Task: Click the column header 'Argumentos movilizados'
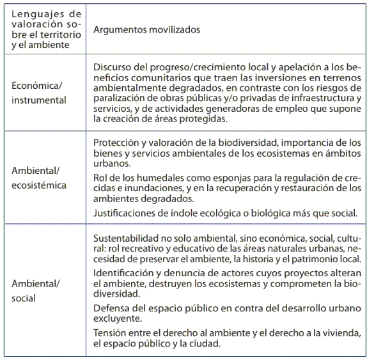coord(146,29)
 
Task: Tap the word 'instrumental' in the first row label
coord(39,100)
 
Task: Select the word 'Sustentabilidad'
coord(125,238)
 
